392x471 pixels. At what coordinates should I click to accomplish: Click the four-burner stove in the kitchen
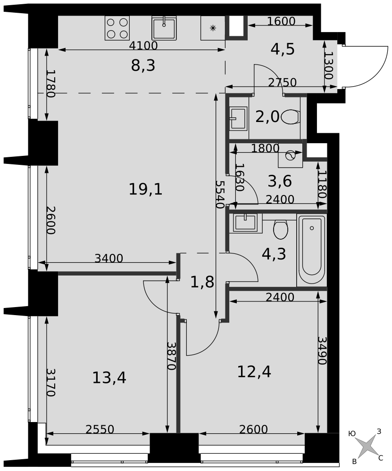click(x=117, y=28)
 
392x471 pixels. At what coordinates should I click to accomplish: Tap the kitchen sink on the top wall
click(x=164, y=28)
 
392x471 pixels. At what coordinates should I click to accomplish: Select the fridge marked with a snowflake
click(x=213, y=28)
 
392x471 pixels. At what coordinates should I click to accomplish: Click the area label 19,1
click(x=146, y=189)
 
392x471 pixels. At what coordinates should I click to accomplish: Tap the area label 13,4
click(x=109, y=378)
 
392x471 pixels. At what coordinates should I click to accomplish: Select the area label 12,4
click(x=254, y=372)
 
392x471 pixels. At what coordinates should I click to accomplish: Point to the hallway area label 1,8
click(x=202, y=282)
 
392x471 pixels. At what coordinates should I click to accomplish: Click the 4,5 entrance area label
click(x=283, y=49)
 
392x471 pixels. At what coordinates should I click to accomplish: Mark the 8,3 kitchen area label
click(x=143, y=65)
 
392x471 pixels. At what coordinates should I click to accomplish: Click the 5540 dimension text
click(x=220, y=195)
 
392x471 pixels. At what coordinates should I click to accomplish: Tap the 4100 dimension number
click(x=143, y=46)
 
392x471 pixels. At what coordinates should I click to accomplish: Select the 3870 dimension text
click(x=172, y=356)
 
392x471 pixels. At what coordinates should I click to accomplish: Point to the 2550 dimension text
click(x=100, y=430)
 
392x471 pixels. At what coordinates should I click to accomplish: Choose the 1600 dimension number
click(x=281, y=21)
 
